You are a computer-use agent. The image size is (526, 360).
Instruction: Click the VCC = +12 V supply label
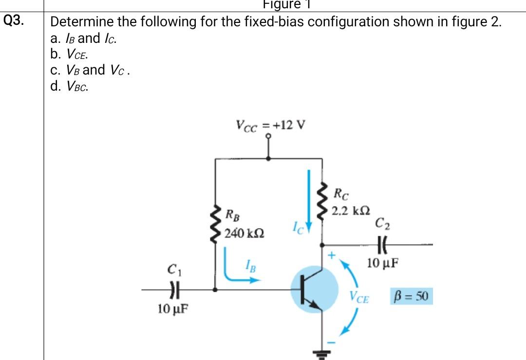[x=270, y=125]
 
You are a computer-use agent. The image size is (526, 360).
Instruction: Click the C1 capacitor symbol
[x=172, y=289]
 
